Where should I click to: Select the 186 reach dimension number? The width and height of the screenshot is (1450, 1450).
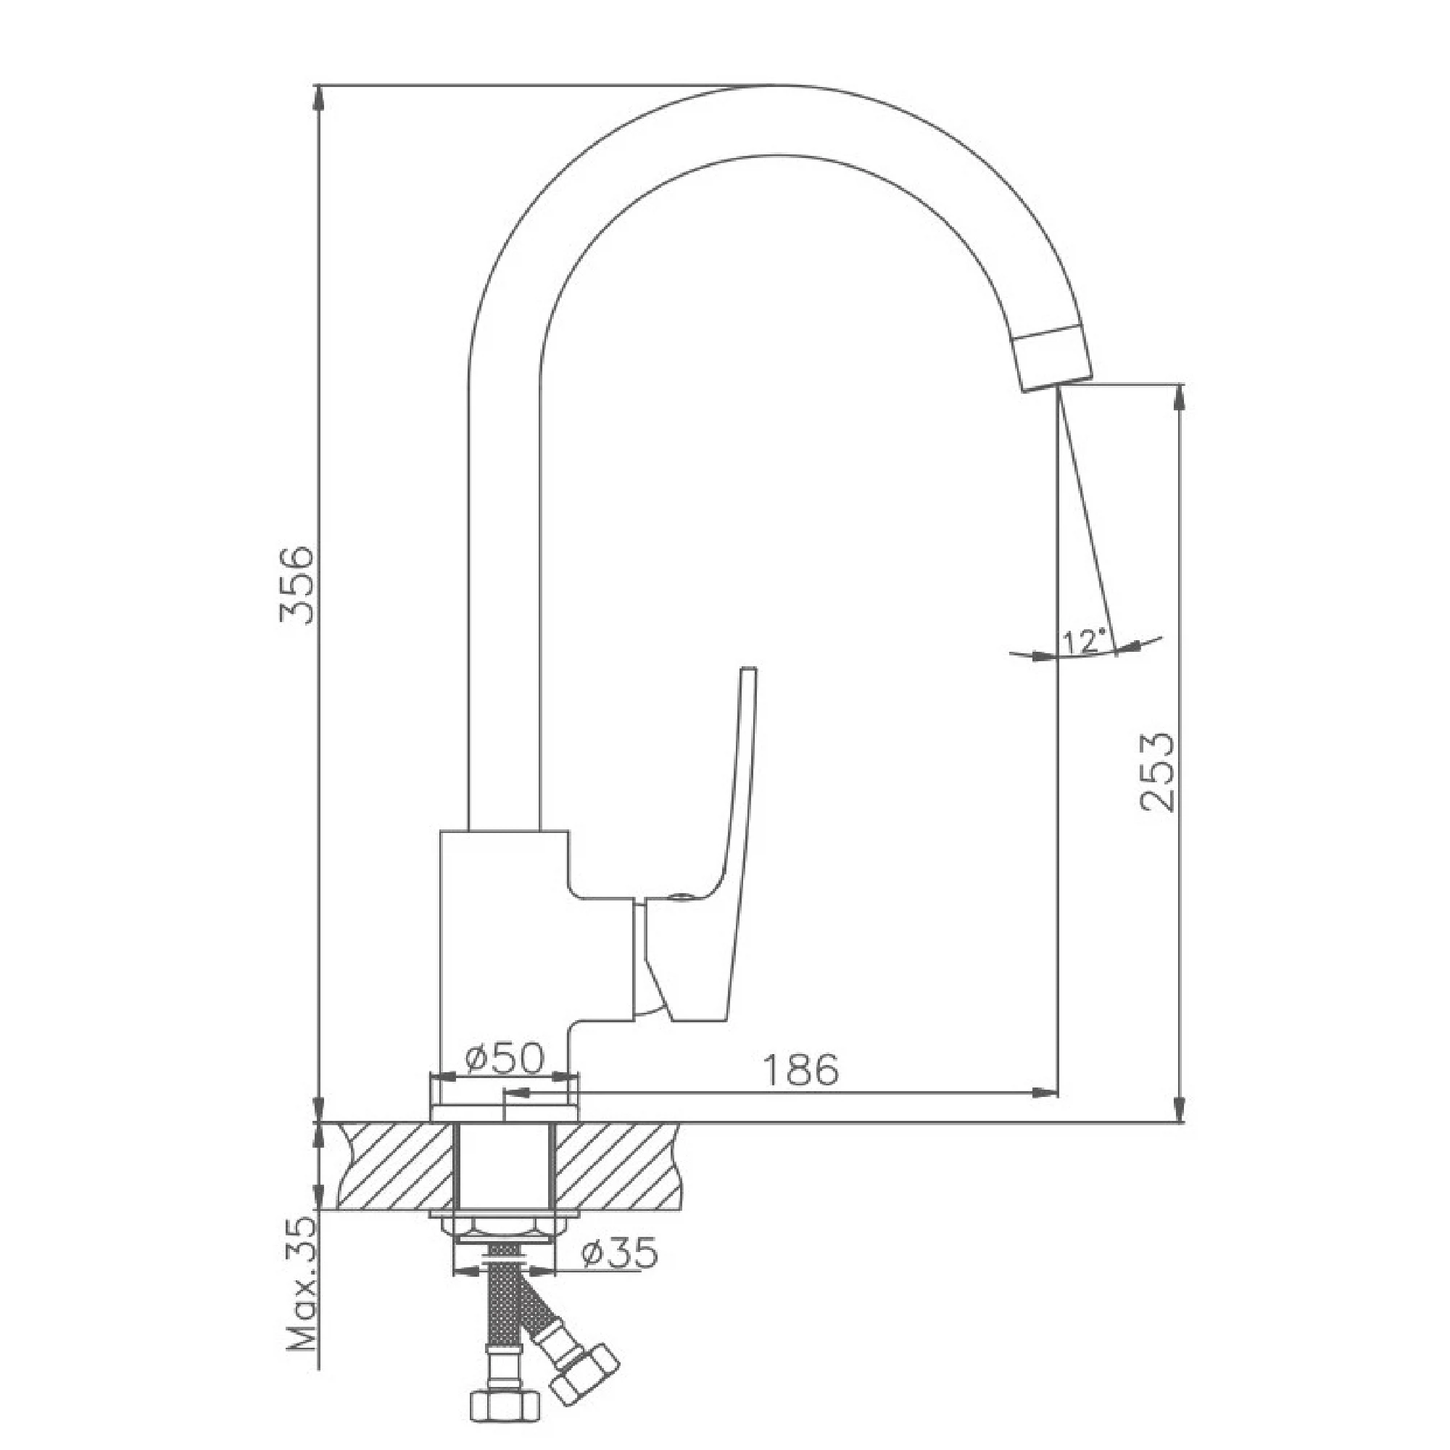pos(801,1070)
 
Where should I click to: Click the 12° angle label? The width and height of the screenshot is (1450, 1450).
pos(1085,641)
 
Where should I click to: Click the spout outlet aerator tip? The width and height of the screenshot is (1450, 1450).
pos(1053,360)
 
